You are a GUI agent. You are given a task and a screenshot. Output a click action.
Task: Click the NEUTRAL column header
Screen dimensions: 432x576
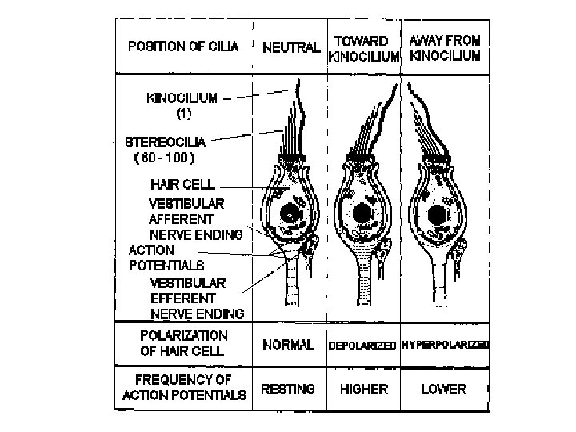click(291, 48)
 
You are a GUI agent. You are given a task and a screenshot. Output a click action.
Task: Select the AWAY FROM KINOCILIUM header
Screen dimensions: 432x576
click(445, 48)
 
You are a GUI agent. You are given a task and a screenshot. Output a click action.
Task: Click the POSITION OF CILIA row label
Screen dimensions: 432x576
click(183, 46)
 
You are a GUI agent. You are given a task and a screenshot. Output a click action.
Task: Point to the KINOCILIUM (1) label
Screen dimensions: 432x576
click(181, 106)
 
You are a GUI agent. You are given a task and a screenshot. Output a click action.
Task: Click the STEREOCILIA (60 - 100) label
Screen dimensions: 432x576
click(165, 150)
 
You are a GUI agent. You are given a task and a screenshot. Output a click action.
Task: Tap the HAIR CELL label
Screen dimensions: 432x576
click(182, 185)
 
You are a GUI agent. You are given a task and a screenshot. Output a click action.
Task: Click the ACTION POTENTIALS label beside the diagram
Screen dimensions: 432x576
click(166, 257)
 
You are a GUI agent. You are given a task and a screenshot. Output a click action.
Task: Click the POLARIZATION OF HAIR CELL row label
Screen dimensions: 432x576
click(183, 343)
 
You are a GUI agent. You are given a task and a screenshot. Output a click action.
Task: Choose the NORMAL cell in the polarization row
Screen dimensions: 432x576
click(288, 345)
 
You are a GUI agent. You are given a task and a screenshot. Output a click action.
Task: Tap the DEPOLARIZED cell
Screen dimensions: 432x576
click(362, 346)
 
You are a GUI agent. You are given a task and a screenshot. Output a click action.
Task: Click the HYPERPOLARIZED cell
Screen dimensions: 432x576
click(445, 345)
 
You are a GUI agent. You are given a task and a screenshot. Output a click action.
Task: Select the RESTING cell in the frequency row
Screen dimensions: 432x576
click(288, 389)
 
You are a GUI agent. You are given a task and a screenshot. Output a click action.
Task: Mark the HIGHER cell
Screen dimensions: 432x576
click(364, 389)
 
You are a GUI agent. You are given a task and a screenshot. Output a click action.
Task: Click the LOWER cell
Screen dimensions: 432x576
click(443, 389)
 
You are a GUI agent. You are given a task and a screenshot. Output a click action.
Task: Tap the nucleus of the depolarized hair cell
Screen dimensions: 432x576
click(362, 214)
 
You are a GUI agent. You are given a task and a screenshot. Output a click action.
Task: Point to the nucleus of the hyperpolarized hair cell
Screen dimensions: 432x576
click(437, 215)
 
